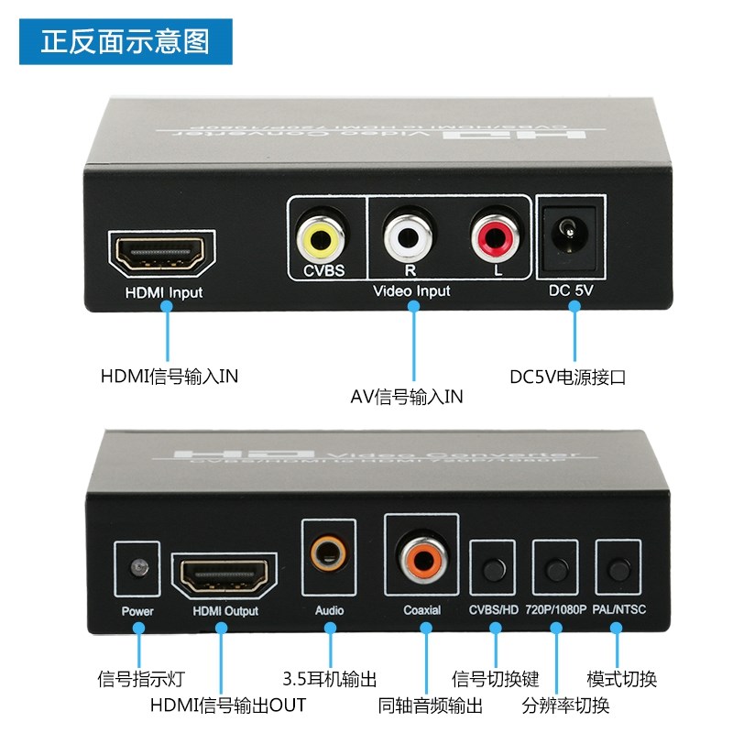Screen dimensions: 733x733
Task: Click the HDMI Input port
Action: (164, 254)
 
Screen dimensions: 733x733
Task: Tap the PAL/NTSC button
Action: (616, 568)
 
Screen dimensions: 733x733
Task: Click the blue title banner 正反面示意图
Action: (126, 41)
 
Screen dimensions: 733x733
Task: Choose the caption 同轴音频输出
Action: (430, 706)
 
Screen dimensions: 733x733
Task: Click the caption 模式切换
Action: (621, 680)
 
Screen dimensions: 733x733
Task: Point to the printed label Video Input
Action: (411, 291)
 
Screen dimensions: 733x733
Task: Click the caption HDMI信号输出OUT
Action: (228, 706)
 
